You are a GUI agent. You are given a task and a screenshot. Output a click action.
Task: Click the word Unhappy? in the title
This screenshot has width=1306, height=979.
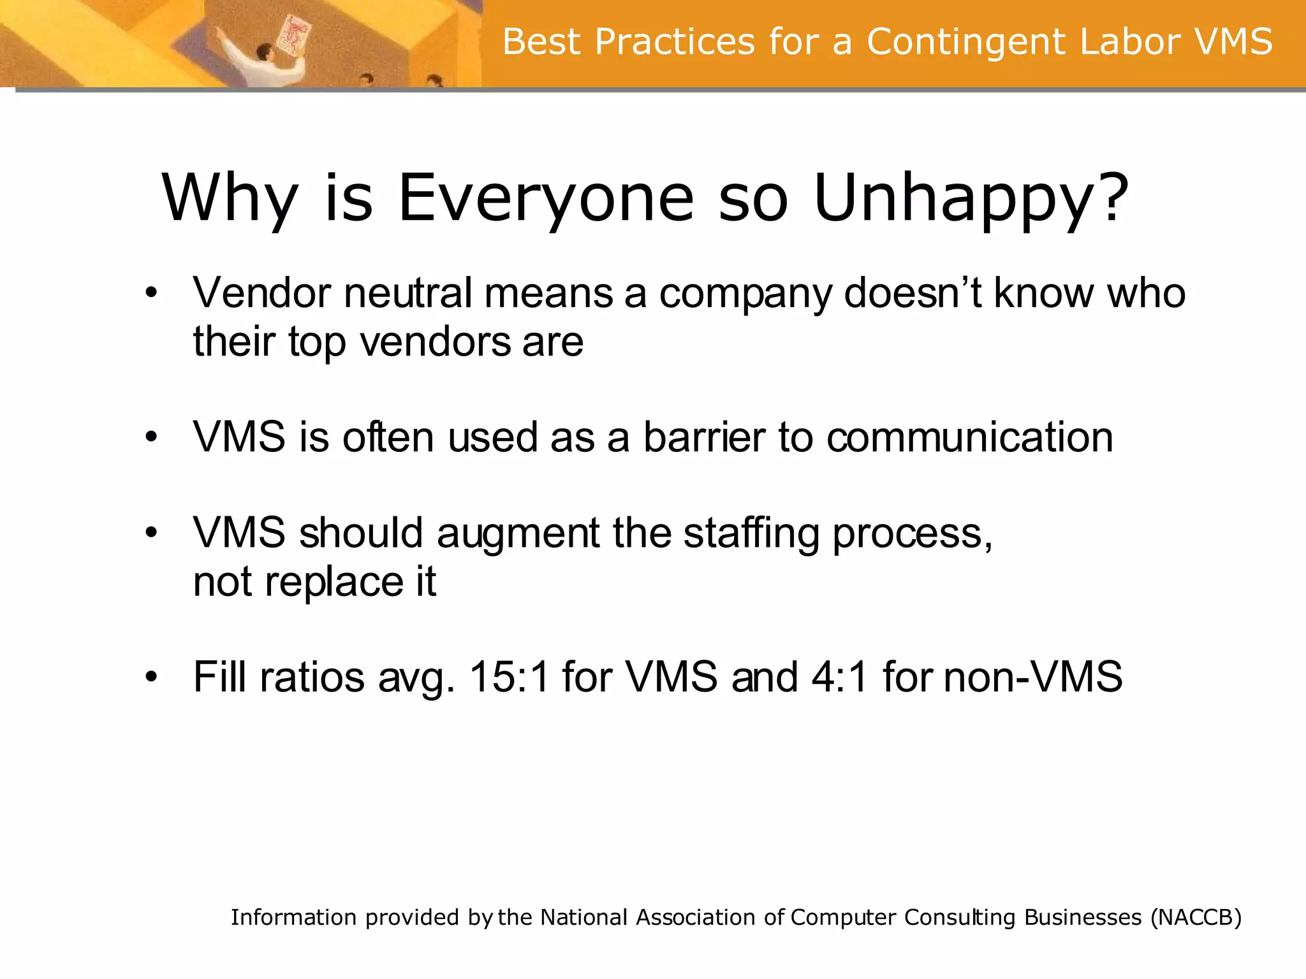[x=971, y=199]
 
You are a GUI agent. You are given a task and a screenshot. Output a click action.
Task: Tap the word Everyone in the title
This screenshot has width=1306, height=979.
[x=546, y=199]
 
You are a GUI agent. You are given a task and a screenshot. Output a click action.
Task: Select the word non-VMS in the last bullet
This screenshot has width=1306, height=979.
[x=1032, y=676]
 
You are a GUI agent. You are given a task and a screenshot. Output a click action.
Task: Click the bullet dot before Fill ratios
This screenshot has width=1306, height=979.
[x=150, y=676]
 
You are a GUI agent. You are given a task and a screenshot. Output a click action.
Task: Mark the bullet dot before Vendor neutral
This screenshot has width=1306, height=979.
[x=150, y=294]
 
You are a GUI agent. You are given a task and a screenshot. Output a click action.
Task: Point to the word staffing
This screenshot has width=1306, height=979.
[x=751, y=533]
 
